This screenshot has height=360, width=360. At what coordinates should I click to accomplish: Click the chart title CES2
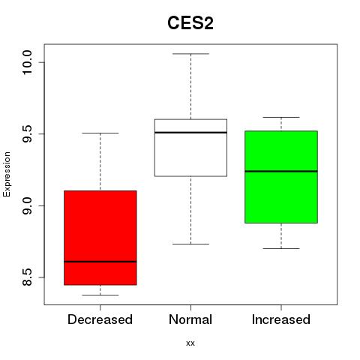[x=190, y=23]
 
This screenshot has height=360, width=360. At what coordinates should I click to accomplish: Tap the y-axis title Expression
[x=7, y=174]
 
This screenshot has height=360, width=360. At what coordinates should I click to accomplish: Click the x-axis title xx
[x=190, y=343]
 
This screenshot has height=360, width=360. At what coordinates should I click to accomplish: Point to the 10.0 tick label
[x=27, y=62]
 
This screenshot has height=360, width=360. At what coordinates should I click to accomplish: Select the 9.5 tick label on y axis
[x=27, y=134]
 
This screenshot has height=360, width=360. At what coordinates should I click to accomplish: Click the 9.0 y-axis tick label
[x=27, y=205]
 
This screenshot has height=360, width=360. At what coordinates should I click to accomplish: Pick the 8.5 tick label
[x=27, y=277]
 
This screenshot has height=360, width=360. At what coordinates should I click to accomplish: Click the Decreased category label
[x=100, y=319]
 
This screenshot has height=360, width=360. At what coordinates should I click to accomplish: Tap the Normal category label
[x=190, y=319]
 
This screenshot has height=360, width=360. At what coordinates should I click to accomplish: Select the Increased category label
[x=281, y=319]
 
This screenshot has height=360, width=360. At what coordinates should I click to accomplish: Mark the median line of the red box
[x=100, y=262]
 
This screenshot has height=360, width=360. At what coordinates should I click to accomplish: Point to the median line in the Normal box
[x=190, y=133]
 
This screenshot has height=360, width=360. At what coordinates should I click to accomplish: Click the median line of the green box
[x=281, y=171]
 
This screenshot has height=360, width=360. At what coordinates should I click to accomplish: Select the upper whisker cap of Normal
[x=190, y=54]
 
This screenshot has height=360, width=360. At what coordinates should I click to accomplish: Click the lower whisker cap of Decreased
[x=100, y=295]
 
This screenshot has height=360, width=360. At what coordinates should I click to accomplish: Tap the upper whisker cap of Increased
[x=281, y=117]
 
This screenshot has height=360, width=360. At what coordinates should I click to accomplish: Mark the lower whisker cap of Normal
[x=190, y=244]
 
